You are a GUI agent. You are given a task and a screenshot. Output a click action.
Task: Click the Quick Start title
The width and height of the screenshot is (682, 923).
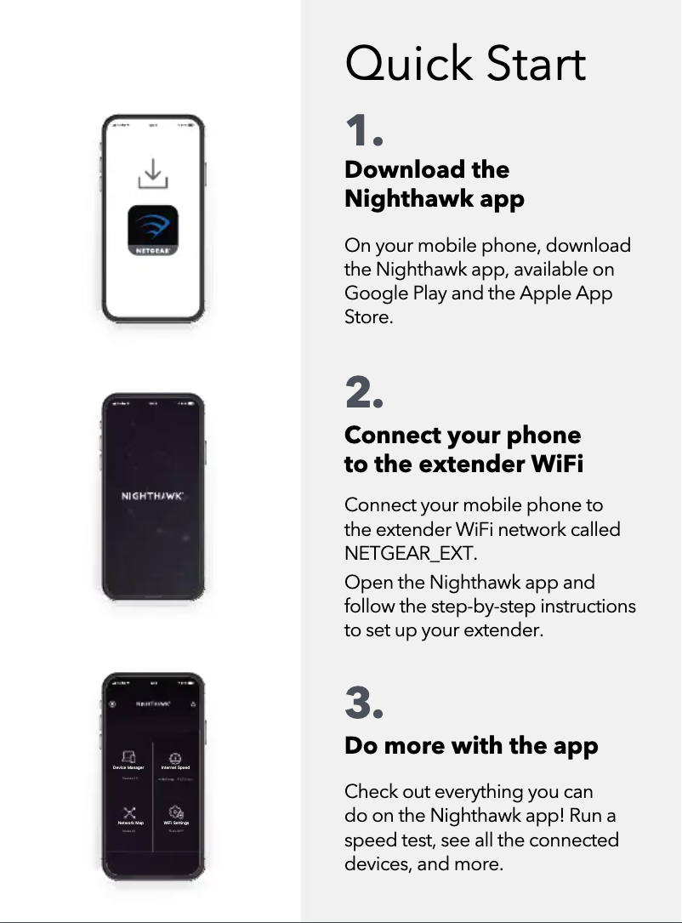click(465, 65)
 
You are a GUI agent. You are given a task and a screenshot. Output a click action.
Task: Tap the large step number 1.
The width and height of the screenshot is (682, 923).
click(363, 132)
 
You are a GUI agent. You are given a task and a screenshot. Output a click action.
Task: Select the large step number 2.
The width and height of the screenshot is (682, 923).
click(364, 394)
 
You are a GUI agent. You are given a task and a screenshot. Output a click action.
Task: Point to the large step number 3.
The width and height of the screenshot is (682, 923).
click(364, 704)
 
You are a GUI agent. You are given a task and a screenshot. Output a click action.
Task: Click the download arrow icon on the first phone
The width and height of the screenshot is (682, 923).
click(152, 174)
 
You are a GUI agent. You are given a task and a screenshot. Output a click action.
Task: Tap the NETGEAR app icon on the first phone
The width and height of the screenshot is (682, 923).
click(152, 231)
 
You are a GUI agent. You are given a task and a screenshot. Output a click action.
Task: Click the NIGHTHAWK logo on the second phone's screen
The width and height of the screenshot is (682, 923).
click(153, 496)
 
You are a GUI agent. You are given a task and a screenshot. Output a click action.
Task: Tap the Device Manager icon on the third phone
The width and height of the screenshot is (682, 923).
click(128, 757)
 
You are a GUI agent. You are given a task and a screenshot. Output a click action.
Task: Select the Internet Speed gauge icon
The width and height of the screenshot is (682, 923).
click(175, 757)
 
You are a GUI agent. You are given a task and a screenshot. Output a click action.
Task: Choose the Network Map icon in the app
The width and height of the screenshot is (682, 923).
click(129, 813)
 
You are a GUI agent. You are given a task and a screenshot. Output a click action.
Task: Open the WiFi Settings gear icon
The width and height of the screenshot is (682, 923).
click(176, 813)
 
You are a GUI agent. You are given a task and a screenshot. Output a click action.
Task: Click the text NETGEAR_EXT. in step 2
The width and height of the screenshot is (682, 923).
click(411, 554)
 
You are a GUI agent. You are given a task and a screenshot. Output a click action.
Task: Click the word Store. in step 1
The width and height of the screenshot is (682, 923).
click(368, 318)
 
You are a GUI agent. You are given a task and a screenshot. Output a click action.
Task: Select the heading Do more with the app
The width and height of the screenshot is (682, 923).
click(471, 746)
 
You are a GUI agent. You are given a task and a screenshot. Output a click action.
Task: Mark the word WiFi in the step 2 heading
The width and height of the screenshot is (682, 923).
click(556, 465)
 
